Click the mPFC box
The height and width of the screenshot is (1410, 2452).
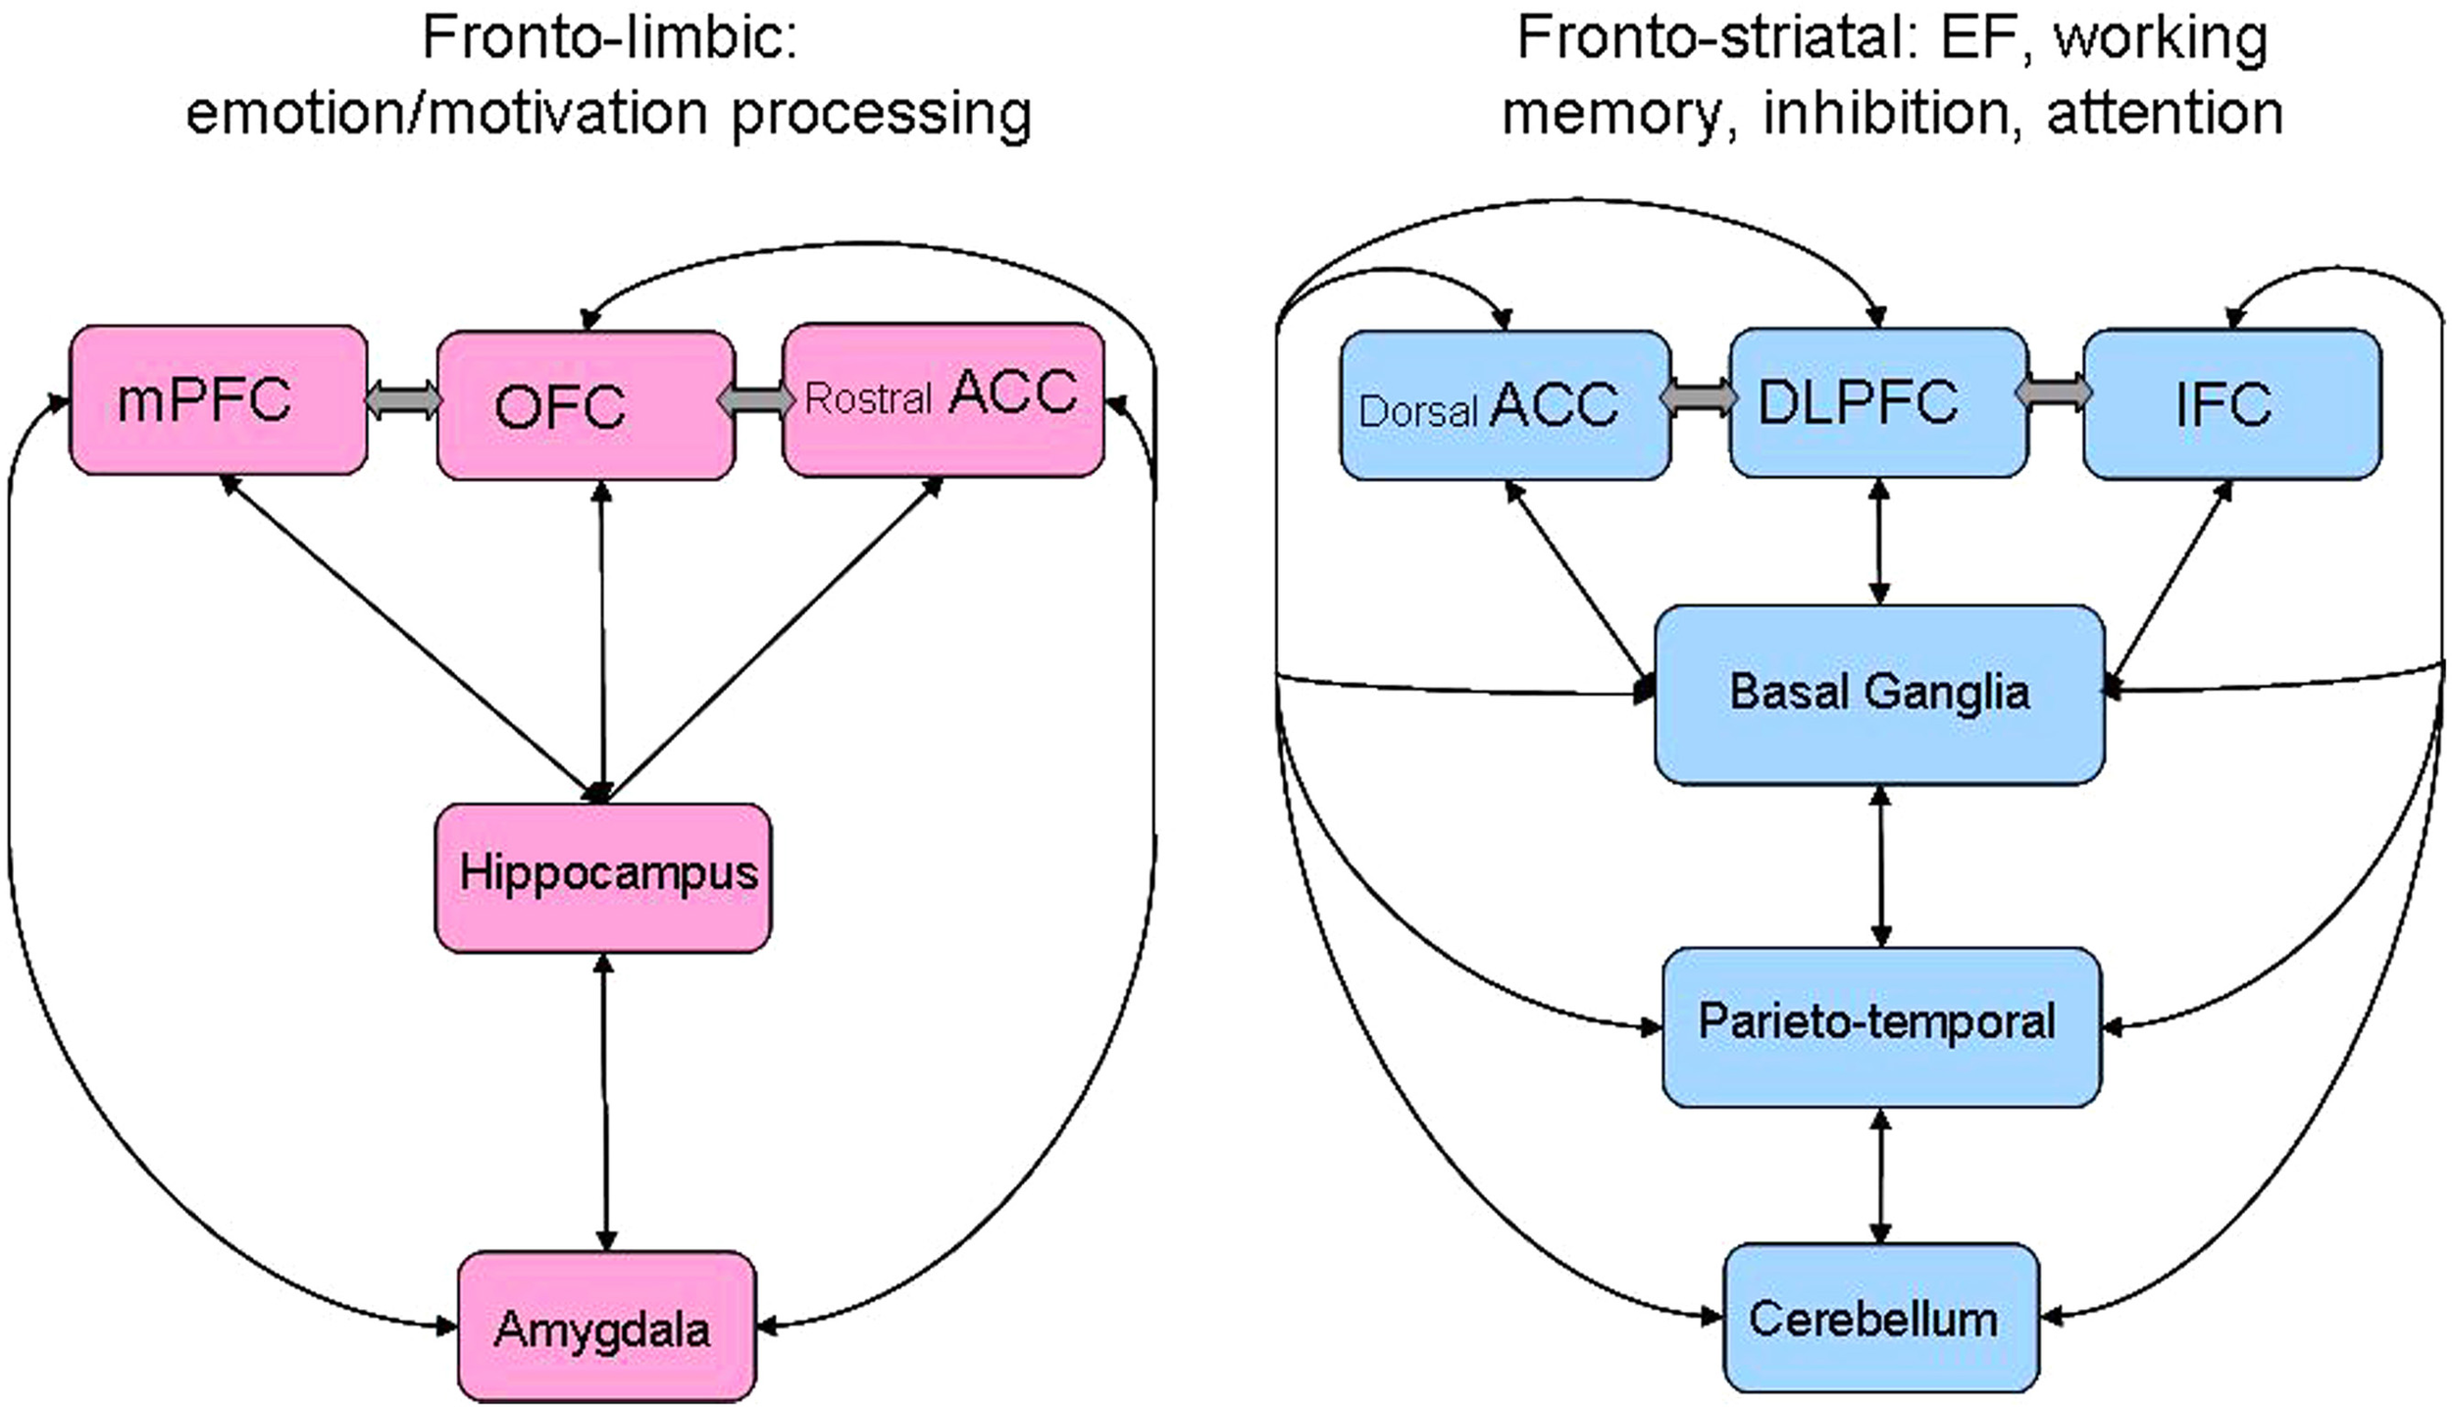[x=218, y=400]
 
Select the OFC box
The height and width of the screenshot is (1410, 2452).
[x=586, y=405]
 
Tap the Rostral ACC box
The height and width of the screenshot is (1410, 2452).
[x=943, y=399]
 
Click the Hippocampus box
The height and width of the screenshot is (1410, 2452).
[x=603, y=876]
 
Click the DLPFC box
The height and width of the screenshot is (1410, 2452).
[x=1877, y=402]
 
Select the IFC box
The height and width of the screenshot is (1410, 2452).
[x=2231, y=404]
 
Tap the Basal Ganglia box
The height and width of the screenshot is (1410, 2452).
[x=1878, y=694]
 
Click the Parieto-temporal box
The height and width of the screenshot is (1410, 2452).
[x=1880, y=1026]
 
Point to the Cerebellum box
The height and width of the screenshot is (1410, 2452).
[x=1880, y=1317]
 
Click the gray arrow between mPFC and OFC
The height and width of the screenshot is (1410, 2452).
[x=402, y=400]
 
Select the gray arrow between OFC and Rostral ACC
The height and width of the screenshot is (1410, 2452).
[x=757, y=400]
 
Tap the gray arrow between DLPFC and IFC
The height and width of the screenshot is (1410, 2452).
[x=2054, y=392]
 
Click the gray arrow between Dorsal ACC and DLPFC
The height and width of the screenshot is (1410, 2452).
[x=1699, y=397]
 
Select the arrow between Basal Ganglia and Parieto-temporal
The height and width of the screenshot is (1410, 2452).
[x=1879, y=865]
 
